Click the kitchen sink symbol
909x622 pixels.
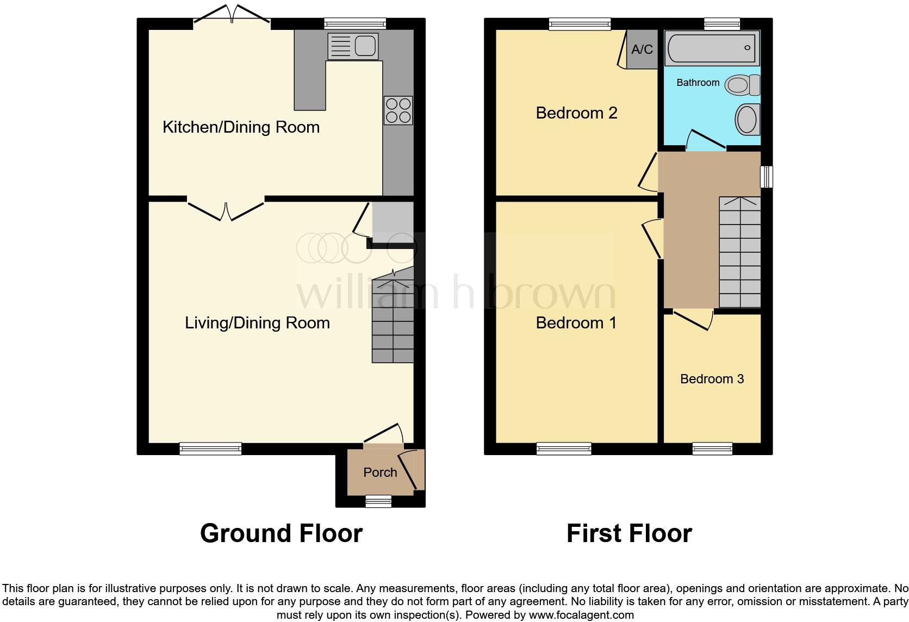pos(353,46)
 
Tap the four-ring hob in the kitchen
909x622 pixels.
pos(398,110)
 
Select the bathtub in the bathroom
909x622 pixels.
pos(711,48)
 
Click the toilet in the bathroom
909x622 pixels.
pos(743,85)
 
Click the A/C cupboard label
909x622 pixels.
pos(642,49)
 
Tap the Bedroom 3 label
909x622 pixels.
pos(712,379)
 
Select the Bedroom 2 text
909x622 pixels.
pos(576,113)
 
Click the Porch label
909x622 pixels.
pos(380,472)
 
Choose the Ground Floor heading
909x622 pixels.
pos(281,533)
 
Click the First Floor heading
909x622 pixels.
pos(629,533)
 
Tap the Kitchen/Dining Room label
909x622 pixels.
pos(241,127)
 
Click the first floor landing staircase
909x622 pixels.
pos(739,253)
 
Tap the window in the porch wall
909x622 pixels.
pos(378,501)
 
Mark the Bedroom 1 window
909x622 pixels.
pos(564,449)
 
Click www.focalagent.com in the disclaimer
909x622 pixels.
pos(581,615)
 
